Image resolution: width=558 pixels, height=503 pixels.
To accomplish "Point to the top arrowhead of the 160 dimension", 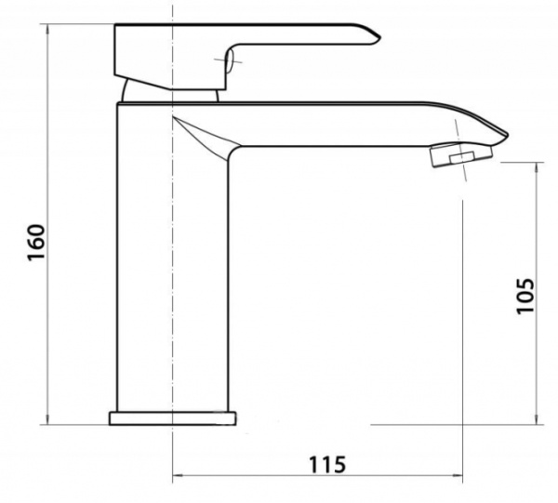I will tap(46, 30).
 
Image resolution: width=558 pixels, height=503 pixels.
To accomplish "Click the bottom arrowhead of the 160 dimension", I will tap(46, 420).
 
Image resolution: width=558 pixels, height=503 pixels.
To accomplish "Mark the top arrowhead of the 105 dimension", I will tap(538, 168).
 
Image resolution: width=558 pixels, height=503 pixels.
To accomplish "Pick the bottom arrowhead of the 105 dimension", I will tap(538, 420).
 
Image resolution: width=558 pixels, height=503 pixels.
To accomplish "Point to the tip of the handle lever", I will tap(376, 36).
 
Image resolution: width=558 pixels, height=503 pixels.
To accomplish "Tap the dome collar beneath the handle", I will tap(172, 93).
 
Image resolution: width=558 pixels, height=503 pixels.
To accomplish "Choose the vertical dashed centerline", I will tap(174, 279).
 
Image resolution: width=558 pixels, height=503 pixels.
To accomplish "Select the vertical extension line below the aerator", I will tap(462, 325).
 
